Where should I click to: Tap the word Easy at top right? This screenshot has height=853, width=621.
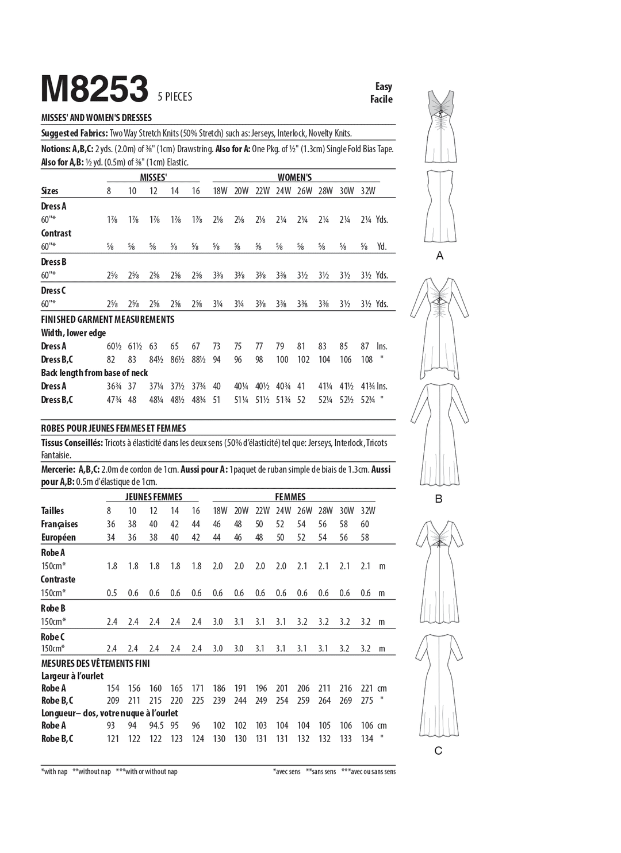tap(384, 86)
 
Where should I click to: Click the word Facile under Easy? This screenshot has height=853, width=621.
tap(382, 99)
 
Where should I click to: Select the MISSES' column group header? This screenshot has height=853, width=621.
tap(154, 177)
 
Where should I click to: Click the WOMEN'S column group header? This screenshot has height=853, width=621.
tap(294, 177)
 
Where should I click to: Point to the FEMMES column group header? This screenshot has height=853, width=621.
tap(290, 497)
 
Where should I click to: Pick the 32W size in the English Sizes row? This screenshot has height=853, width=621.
tap(367, 191)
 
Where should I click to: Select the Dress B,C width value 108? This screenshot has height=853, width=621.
tap(366, 360)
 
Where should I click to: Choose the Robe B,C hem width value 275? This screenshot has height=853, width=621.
tap(367, 701)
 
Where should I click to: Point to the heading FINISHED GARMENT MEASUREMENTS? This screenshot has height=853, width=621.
tap(108, 319)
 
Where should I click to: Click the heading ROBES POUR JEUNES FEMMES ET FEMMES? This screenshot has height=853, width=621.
tap(113, 428)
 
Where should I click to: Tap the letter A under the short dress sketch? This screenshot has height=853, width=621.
tap(440, 256)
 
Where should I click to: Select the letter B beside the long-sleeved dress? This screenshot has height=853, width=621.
tap(439, 499)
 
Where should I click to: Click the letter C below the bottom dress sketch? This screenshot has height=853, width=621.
tap(438, 751)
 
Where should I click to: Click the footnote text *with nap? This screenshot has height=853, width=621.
tap(55, 771)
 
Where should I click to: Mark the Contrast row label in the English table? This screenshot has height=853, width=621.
tap(56, 233)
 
